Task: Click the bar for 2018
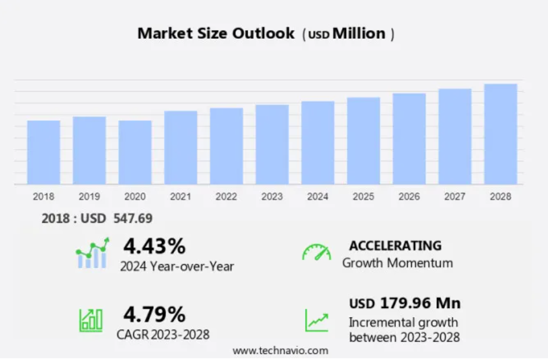(x=44, y=153)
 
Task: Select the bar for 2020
(x=135, y=153)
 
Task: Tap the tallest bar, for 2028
(x=500, y=134)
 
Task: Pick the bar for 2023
(x=272, y=145)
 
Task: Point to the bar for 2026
(x=409, y=139)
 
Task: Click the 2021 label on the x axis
(x=181, y=196)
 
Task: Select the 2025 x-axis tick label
(x=363, y=196)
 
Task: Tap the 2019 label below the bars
(x=89, y=196)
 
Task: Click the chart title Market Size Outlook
(x=216, y=33)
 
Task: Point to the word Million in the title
(x=359, y=33)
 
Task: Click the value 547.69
(x=133, y=219)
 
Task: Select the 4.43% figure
(x=154, y=246)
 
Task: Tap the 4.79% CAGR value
(x=154, y=314)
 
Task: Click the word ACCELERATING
(x=395, y=246)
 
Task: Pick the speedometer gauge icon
(x=316, y=252)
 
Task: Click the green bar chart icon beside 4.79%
(x=91, y=320)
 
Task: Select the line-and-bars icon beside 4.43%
(x=92, y=253)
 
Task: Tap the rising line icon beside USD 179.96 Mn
(x=317, y=320)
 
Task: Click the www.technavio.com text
(x=280, y=350)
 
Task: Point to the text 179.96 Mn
(x=420, y=303)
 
